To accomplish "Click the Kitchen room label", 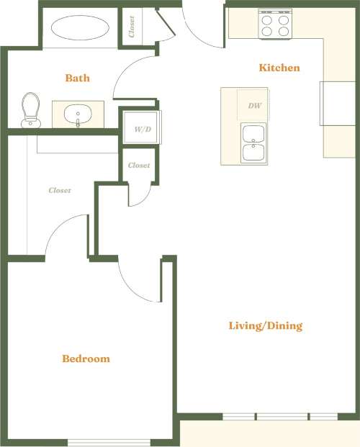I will (x=279, y=68).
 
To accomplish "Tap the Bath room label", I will (x=77, y=78).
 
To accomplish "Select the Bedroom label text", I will (x=86, y=358).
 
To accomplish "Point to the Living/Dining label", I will (x=265, y=326).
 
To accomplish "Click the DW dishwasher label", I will (x=254, y=106).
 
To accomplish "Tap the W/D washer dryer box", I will (x=142, y=130).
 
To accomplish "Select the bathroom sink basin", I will (x=76, y=114).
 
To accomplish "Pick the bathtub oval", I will (x=80, y=29).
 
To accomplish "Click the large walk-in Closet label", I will (x=60, y=191).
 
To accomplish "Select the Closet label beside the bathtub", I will (x=132, y=27).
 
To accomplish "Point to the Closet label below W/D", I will (x=139, y=166).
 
